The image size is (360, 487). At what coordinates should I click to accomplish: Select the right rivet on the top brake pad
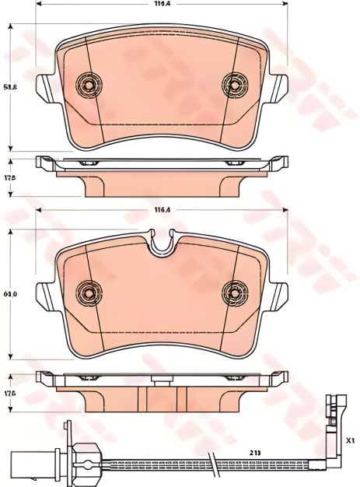click(232, 84)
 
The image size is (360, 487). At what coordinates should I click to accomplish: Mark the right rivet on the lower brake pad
click(232, 293)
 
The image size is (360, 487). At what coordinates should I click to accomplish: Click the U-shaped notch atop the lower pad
click(162, 246)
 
